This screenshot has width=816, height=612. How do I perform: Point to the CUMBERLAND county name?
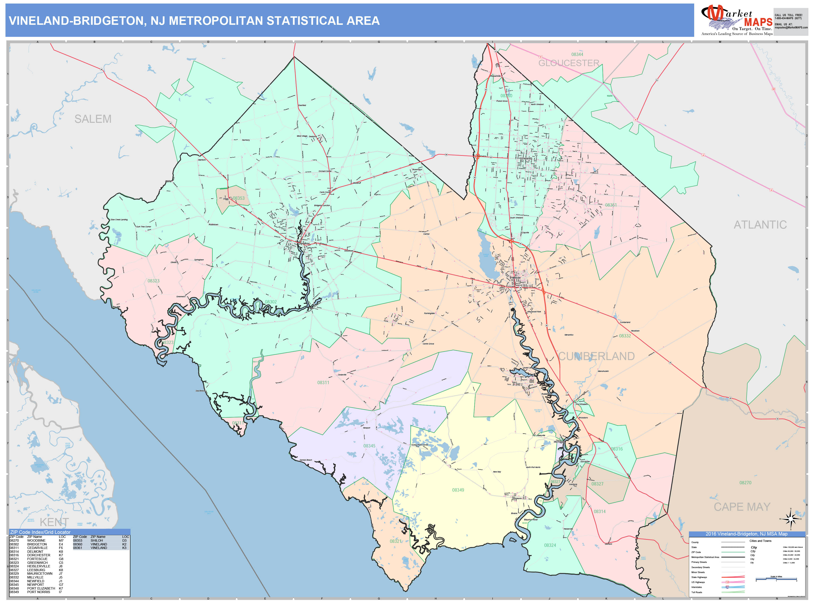(x=596, y=356)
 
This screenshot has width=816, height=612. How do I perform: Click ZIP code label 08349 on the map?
(x=458, y=490)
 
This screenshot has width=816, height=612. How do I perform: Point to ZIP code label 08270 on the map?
(x=745, y=483)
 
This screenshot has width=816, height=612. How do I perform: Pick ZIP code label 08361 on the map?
(x=611, y=205)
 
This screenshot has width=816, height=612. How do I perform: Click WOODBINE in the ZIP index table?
(x=36, y=540)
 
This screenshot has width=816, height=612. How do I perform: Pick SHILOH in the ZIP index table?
(x=97, y=540)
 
